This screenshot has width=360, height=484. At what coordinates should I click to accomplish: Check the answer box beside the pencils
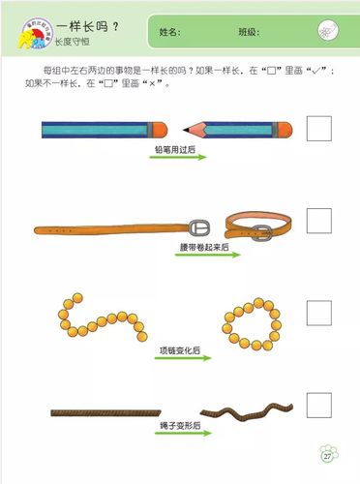point(318,128)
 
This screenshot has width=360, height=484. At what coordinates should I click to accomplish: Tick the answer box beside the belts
point(318,221)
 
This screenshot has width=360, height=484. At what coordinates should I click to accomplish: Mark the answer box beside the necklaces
point(318,313)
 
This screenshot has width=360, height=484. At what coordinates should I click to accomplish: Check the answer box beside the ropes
point(318,404)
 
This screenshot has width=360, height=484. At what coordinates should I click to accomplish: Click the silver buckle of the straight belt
point(198,227)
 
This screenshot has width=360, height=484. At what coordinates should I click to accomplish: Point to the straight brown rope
point(105,411)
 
